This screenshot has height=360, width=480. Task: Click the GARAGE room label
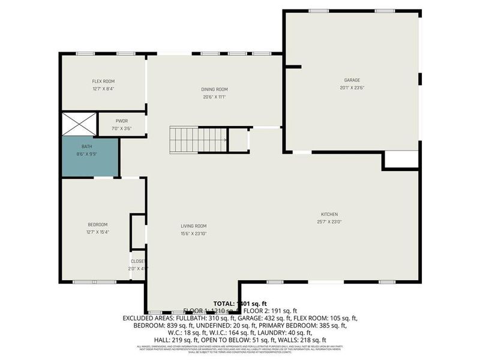pyautogui.click(x=352, y=80)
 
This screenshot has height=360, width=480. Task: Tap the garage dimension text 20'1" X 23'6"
pyautogui.click(x=352, y=88)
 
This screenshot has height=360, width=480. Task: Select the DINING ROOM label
pyautogui.click(x=214, y=89)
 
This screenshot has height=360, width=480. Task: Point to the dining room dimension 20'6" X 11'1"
pyautogui.click(x=214, y=97)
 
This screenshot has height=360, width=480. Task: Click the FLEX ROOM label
pyautogui.click(x=103, y=81)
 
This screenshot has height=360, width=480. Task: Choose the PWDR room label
pyautogui.click(x=122, y=121)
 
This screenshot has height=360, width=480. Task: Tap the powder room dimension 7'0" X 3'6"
pyautogui.click(x=122, y=128)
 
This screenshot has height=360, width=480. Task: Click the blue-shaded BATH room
pyautogui.click(x=91, y=157)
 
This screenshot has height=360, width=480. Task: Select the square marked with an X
pyautogui.click(x=79, y=124)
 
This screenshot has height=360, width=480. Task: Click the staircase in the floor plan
pyautogui.click(x=198, y=139)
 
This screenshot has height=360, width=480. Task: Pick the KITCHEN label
pyautogui.click(x=329, y=214)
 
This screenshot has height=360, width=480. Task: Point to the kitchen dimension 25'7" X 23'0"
pyautogui.click(x=329, y=222)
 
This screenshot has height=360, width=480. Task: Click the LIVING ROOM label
pyautogui.click(x=194, y=226)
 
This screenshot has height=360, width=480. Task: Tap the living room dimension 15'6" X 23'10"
pyautogui.click(x=194, y=234)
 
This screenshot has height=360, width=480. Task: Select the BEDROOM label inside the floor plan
pyautogui.click(x=97, y=224)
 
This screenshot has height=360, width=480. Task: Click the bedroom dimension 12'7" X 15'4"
pyautogui.click(x=97, y=232)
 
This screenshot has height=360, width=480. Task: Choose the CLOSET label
pyautogui.click(x=138, y=262)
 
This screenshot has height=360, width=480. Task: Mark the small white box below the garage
pyautogui.click(x=401, y=159)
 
